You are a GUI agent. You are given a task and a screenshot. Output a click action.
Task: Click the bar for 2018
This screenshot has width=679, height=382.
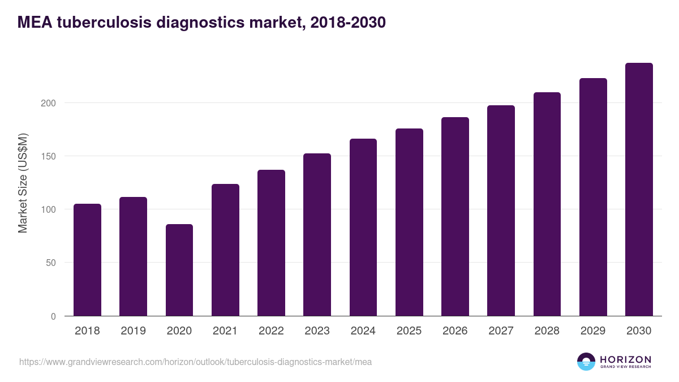coord(87,260)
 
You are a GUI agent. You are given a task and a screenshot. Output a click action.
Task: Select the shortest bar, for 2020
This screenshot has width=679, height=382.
coord(179,271)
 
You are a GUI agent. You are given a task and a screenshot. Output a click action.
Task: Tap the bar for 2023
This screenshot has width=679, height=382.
coord(317,235)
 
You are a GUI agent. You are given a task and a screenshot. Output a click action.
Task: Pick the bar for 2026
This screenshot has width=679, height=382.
coord(455,217)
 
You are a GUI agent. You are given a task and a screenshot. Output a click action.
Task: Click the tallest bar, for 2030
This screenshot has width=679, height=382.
coord(639,190)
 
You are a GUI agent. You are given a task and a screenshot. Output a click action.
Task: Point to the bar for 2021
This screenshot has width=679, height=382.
coord(225,250)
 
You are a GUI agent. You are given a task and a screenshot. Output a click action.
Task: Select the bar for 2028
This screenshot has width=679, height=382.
coord(547,204)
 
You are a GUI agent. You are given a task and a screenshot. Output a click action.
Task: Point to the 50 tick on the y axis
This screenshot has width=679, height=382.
coord(51,263)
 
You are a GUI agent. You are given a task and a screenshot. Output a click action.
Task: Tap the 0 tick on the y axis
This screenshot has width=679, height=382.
coord(53,316)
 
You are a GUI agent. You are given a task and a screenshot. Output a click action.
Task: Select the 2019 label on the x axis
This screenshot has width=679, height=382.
coord(133,331)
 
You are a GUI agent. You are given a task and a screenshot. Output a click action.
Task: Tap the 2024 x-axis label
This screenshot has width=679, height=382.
coord(363,331)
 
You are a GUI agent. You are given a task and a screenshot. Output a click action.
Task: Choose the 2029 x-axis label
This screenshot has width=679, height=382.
coord(593,331)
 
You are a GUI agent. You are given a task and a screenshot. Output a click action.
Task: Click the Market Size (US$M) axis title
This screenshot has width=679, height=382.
coord(23,183)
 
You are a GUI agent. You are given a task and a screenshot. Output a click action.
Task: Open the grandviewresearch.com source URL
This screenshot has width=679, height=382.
coord(195,362)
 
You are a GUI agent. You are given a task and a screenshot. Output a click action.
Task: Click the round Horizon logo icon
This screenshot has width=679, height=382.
coord(586,362)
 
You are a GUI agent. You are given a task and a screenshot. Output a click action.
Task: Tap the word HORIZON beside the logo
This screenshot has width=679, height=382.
coord(625,359)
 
